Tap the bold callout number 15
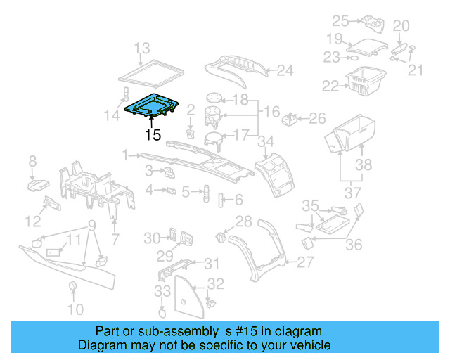coord(153,134)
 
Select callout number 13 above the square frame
coord(143,48)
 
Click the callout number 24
coord(284,70)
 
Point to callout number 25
coord(340,20)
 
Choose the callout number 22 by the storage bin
coord(330,85)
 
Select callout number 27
coord(304,262)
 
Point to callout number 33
coord(162,290)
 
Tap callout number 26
coord(318,117)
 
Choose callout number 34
coord(265,143)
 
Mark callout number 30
coord(152,238)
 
